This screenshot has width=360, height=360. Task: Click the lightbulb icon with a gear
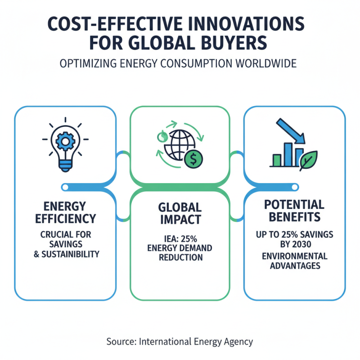pos(66,144)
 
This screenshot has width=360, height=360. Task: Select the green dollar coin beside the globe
pos(193,158)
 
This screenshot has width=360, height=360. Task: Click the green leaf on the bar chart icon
pos(309,159)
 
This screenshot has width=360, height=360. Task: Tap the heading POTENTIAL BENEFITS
pos(295,211)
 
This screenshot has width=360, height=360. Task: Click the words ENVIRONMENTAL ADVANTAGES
pos(295,261)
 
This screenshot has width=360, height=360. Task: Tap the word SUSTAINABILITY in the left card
pos(74,254)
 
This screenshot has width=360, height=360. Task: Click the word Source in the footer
pos(121,342)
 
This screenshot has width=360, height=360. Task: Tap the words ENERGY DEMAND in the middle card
pos(180,248)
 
